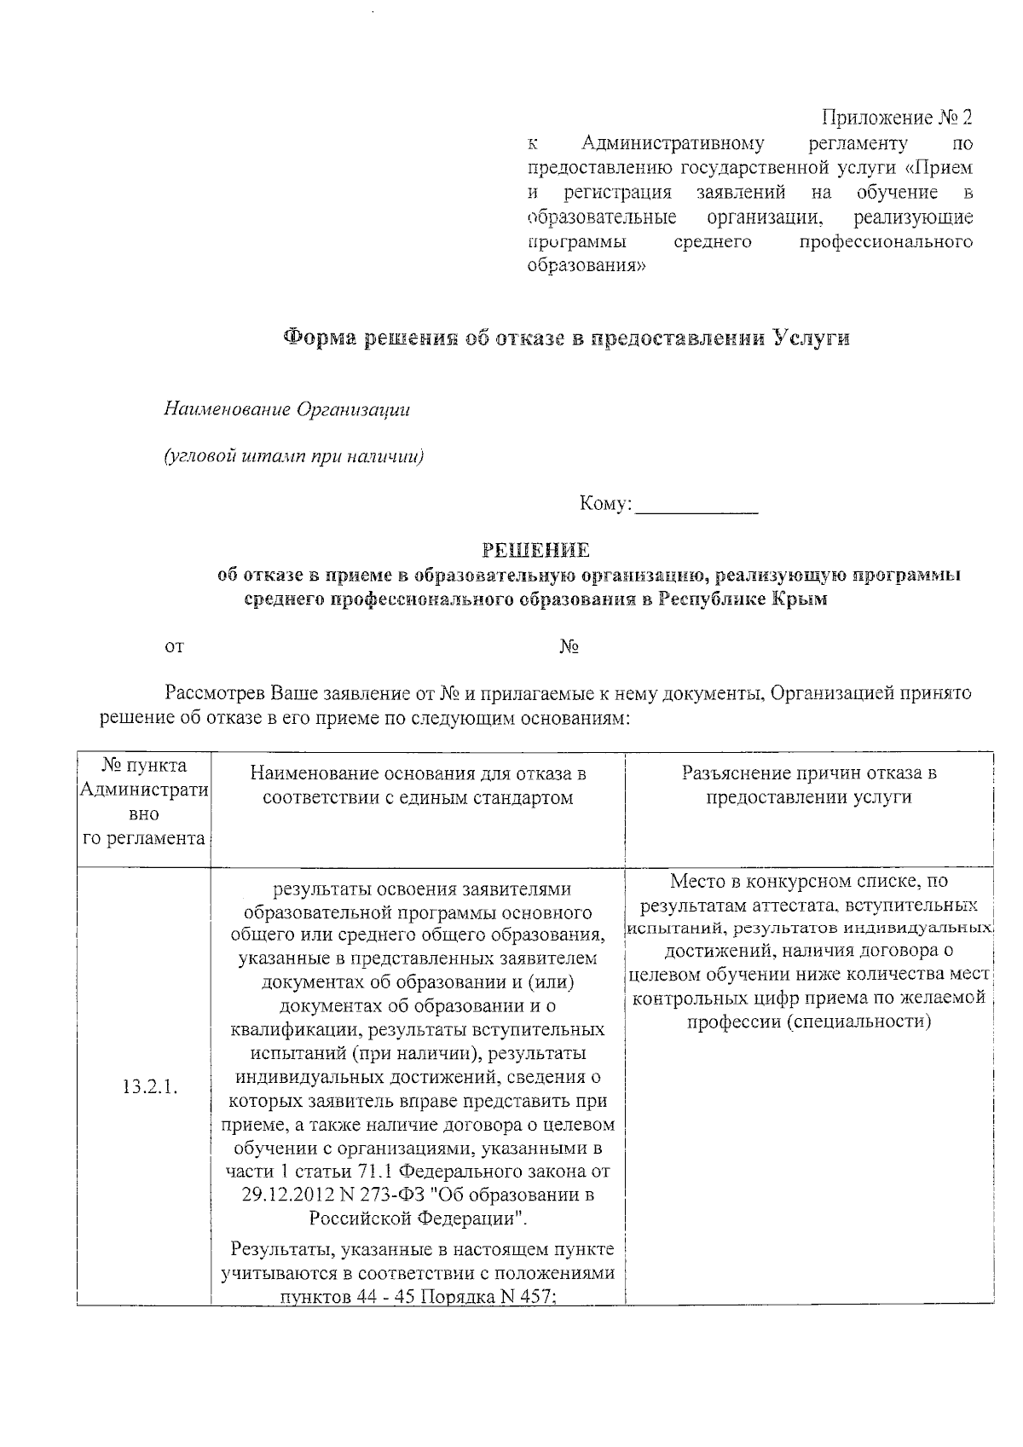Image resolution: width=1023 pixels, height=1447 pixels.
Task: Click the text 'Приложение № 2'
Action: [896, 117]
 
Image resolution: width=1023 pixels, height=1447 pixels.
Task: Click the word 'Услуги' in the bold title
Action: [812, 338]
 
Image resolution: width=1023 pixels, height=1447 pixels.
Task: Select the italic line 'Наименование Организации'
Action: [287, 409]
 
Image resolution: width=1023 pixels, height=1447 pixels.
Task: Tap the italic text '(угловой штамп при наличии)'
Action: [294, 456]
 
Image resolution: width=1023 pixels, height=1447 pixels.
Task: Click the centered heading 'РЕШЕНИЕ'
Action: [535, 550]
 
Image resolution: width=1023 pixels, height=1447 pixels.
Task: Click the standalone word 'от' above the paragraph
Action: [174, 647]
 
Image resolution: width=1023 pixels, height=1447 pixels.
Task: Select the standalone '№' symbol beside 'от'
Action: [569, 647]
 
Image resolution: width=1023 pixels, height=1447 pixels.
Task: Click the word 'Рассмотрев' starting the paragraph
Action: [217, 693]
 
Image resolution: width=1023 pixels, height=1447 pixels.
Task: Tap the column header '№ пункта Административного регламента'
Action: [144, 802]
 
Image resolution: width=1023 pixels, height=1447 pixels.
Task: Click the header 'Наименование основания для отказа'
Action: [418, 785]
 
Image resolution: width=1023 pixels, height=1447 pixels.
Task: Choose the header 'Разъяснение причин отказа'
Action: [809, 785]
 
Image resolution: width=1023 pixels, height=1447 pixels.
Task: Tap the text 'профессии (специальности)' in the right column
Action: [809, 1022]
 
